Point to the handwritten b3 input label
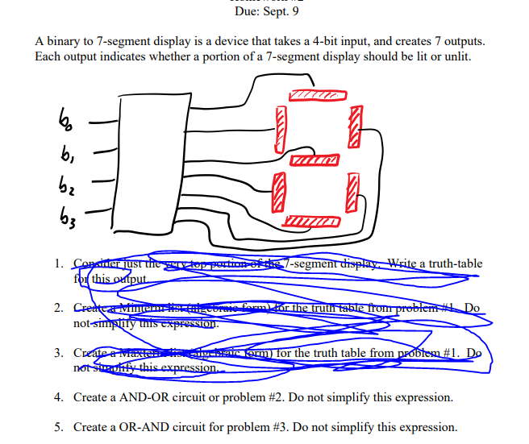coord(65,215)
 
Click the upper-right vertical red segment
coord(352,127)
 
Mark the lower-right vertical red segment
coord(352,192)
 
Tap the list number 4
coord(60,398)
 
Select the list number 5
coord(60,427)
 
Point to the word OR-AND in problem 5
coord(144,427)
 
